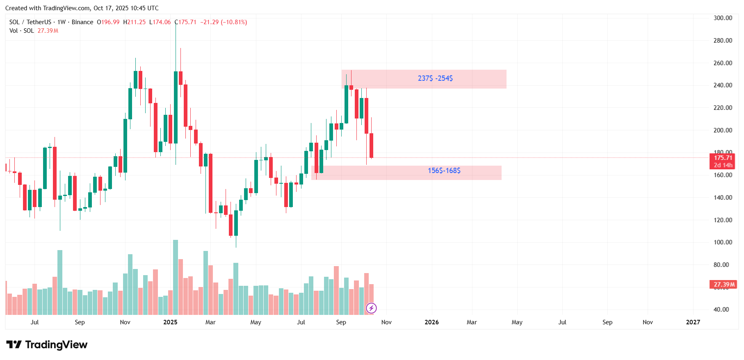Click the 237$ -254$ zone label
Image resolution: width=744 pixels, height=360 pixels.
435,78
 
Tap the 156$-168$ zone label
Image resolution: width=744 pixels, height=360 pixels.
444,171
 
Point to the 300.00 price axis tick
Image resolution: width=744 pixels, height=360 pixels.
723,18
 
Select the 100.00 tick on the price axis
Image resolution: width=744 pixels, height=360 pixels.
723,242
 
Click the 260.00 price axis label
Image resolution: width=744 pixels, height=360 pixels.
723,63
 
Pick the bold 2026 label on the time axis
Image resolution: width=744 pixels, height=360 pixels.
431,322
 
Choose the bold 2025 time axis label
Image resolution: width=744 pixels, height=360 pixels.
170,322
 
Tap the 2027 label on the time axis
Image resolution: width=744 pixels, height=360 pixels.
693,322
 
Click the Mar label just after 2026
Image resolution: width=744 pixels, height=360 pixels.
472,322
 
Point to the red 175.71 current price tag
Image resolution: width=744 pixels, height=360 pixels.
723,158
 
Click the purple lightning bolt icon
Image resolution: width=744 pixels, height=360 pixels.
371,308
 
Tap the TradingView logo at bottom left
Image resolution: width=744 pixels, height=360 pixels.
47,345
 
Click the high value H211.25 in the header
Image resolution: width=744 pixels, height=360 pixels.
135,22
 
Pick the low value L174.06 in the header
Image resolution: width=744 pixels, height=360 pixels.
160,22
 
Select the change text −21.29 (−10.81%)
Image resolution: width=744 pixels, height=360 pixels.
224,22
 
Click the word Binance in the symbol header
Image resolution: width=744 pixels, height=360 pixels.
82,22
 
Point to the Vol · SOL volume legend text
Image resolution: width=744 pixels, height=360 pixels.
22,31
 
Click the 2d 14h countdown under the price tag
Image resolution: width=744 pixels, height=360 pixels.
723,165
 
